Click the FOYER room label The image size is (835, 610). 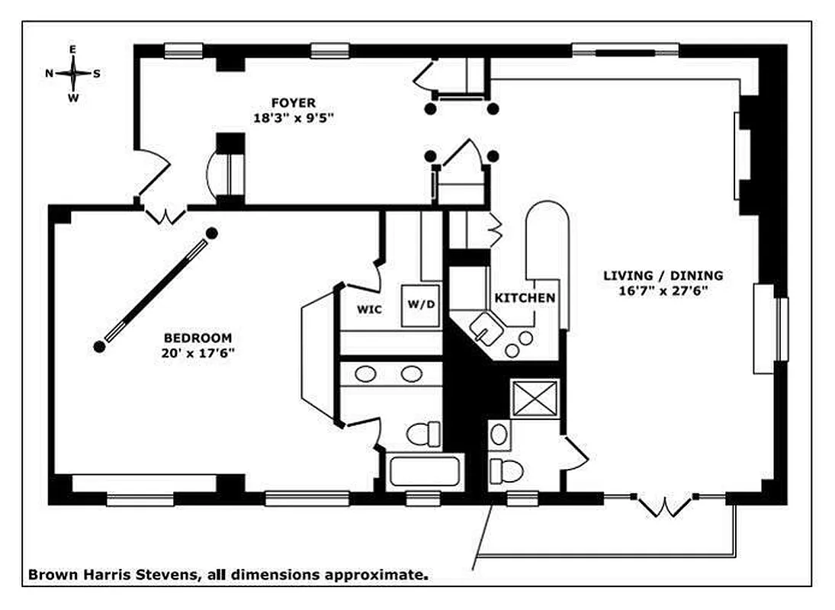(294, 103)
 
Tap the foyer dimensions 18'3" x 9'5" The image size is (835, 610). (294, 118)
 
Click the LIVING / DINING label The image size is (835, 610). (663, 275)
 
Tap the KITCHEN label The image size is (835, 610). (525, 297)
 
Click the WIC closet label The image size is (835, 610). (369, 310)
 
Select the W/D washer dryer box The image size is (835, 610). (422, 304)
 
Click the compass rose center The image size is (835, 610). (73, 74)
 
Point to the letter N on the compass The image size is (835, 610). (49, 74)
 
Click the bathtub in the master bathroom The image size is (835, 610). (426, 472)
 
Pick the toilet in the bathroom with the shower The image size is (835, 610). (506, 471)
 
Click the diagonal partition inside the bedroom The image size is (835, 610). (156, 290)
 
